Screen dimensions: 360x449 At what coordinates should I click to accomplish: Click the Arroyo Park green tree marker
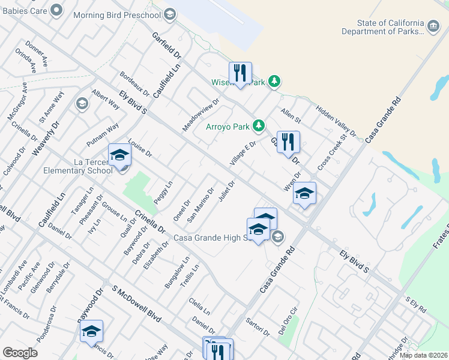pyautogui.click(x=259, y=126)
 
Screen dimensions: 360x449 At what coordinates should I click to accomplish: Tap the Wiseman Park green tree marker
pyautogui.click(x=274, y=81)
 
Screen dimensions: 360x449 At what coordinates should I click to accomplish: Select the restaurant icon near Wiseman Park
pyautogui.click(x=240, y=74)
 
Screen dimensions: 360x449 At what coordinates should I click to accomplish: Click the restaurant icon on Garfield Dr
pyautogui.click(x=288, y=143)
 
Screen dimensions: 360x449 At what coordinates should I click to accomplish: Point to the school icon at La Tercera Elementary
pyautogui.click(x=119, y=156)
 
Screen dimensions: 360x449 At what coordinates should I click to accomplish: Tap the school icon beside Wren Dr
pyautogui.click(x=304, y=193)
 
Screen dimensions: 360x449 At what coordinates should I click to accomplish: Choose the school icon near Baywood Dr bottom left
pyautogui.click(x=91, y=331)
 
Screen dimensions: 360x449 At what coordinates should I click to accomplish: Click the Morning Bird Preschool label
pyautogui.click(x=118, y=14)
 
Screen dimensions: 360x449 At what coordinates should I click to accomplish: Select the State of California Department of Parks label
pyautogui.click(x=383, y=27)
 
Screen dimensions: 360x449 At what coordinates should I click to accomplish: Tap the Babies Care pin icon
pyautogui.click(x=56, y=10)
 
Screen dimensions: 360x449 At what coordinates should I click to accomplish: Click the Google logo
pyautogui.click(x=20, y=353)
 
